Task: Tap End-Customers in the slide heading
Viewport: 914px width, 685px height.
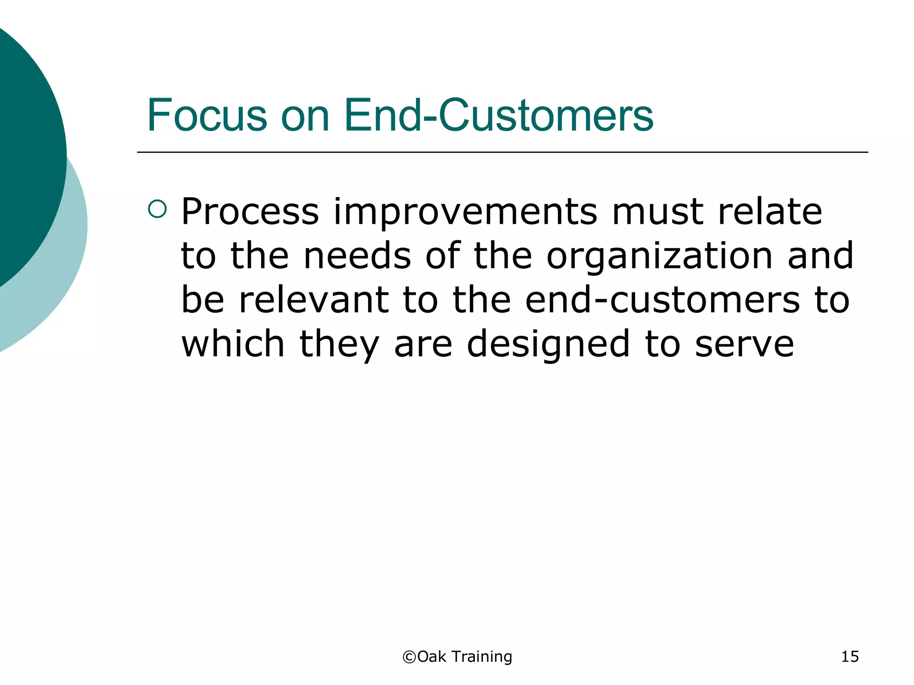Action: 499,115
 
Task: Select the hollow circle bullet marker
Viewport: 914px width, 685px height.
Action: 157,209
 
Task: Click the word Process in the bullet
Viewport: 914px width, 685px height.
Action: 250,212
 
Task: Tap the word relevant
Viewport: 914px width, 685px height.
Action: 313,300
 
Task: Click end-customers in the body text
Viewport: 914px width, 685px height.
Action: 662,300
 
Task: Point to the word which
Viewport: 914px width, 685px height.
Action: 233,344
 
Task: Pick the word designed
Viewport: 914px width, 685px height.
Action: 548,345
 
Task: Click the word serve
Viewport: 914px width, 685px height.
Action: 744,345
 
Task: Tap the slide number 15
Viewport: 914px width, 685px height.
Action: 850,657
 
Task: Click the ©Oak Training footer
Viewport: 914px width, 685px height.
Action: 457,657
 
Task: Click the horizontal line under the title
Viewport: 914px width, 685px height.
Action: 502,152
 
